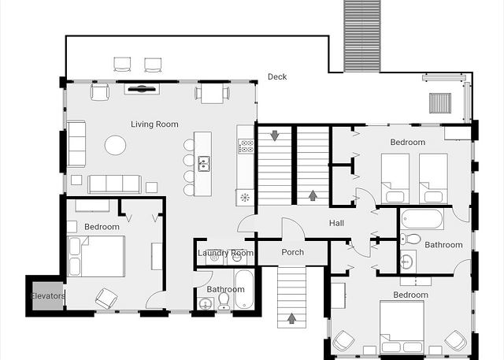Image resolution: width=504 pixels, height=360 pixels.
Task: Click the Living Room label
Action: click(154, 124)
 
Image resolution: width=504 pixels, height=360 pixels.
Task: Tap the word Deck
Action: click(277, 77)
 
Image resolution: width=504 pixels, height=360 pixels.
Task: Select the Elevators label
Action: click(48, 295)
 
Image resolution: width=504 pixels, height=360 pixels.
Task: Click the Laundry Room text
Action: click(225, 253)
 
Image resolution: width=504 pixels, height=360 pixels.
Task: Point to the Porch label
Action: click(292, 252)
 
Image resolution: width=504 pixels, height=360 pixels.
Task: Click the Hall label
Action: click(336, 223)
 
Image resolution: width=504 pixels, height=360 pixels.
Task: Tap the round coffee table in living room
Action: click(115, 145)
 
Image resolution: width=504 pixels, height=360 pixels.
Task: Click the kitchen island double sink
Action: click(204, 163)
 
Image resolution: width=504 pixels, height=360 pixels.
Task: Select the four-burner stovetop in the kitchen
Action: click(246, 146)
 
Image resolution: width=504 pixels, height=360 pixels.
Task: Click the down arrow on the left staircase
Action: click(274, 135)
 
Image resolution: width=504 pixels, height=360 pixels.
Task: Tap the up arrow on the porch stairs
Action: click(291, 318)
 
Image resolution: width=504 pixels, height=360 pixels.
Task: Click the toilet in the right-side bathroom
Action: click(410, 239)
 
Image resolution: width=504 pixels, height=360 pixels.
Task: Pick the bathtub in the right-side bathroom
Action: click(422, 219)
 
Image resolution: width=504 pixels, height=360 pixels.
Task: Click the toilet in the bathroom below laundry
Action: click(224, 301)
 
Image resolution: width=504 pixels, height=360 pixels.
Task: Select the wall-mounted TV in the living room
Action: click(142, 89)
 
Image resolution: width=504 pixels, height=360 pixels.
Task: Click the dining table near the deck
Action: click(212, 94)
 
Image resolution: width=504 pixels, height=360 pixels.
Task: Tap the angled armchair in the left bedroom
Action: click(106, 299)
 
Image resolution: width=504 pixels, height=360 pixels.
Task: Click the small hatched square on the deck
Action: click(440, 103)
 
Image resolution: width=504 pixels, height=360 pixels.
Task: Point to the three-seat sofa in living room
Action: click(114, 184)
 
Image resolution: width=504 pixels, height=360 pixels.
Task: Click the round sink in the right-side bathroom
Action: click(407, 262)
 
